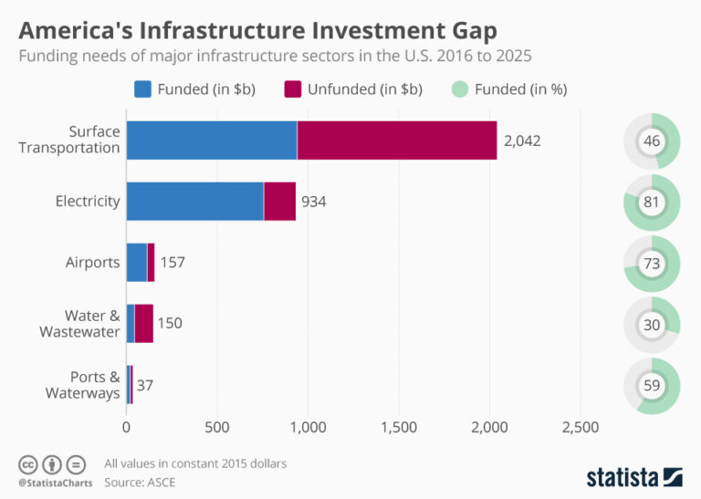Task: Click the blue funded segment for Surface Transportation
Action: (x=211, y=140)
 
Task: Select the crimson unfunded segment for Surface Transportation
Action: (x=397, y=140)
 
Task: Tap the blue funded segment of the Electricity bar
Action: (x=194, y=201)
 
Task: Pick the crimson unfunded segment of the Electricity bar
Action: (x=279, y=201)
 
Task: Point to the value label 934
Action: (x=313, y=202)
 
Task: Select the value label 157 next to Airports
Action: (x=173, y=263)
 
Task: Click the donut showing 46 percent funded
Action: (x=652, y=141)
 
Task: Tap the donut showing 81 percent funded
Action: (x=652, y=202)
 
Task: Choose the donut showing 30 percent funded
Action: (x=652, y=324)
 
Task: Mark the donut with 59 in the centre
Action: (x=652, y=385)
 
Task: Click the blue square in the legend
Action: (x=143, y=88)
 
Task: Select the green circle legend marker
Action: (x=459, y=88)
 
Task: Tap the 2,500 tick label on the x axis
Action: (x=581, y=427)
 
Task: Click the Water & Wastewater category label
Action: (x=79, y=324)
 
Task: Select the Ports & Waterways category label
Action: (x=83, y=385)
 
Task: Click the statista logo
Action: (x=633, y=476)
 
